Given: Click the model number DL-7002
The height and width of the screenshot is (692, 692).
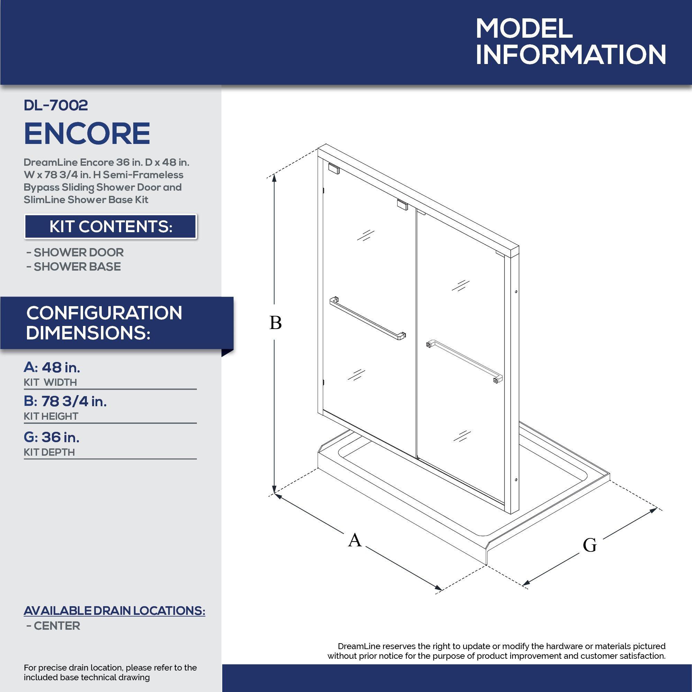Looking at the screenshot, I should [x=56, y=105].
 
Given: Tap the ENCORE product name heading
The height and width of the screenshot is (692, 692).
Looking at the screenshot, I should [x=87, y=134].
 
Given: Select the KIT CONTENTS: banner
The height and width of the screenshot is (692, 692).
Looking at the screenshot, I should [x=111, y=226].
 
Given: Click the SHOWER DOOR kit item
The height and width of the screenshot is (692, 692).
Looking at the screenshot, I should [x=75, y=253].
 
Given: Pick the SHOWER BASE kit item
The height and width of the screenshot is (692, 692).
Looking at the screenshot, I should [x=74, y=267].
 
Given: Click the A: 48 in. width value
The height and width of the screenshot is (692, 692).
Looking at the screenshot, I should [x=52, y=367].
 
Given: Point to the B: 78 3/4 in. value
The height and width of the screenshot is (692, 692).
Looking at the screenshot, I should [x=65, y=401].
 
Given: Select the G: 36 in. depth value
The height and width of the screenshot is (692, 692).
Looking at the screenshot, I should [x=52, y=437].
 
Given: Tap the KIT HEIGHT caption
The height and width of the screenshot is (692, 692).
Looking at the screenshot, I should [x=51, y=417].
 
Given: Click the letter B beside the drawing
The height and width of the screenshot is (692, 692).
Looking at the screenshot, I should [x=275, y=323].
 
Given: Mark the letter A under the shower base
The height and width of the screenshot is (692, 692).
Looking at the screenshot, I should [x=355, y=540].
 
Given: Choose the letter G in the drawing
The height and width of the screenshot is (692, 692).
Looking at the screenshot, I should [x=590, y=546].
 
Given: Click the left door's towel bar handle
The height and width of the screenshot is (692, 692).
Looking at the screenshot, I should [x=367, y=318].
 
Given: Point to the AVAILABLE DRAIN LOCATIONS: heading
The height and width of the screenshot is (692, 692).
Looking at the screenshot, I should [x=115, y=611].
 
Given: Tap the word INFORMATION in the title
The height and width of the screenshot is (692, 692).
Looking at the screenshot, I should [x=571, y=54].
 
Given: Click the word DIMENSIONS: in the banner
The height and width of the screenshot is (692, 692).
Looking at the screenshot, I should [x=88, y=333].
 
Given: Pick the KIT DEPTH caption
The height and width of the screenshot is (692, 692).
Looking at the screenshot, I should [x=49, y=452].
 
